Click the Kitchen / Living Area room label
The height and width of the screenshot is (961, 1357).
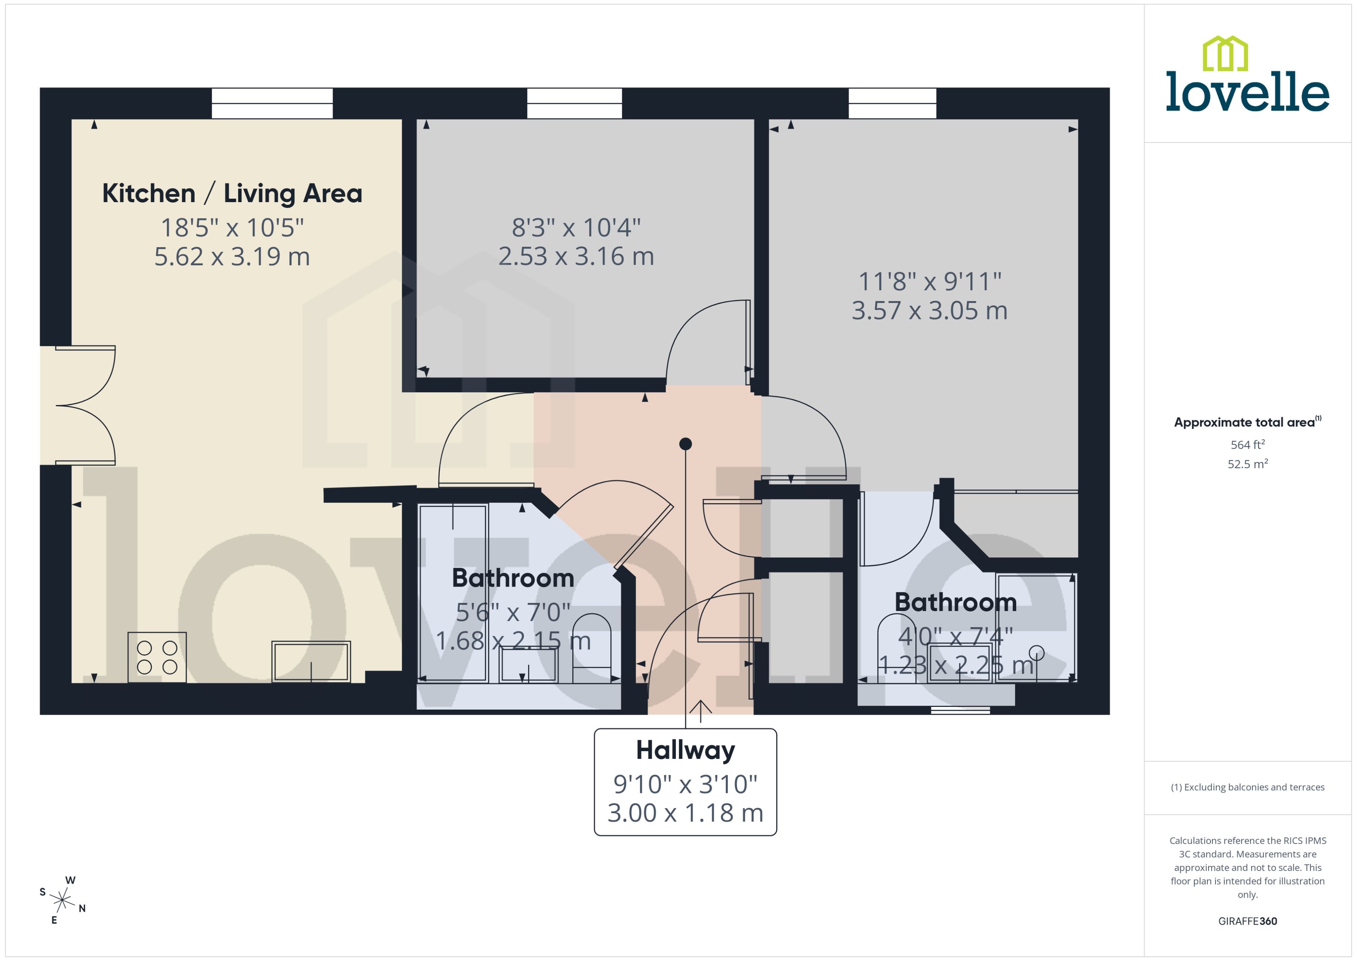tap(232, 194)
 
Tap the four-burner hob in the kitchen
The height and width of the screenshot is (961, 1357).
tap(157, 657)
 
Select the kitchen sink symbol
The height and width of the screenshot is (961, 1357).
tap(311, 661)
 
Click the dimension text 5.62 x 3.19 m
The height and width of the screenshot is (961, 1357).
tap(232, 256)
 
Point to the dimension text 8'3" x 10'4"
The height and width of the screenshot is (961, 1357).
tap(576, 227)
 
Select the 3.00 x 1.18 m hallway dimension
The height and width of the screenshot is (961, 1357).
tap(685, 813)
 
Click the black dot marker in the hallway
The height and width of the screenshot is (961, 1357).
tap(685, 444)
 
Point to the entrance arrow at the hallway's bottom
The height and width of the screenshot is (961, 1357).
tap(700, 710)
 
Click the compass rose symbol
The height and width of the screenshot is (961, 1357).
tap(62, 900)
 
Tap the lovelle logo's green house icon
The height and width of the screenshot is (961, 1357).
tap(1225, 54)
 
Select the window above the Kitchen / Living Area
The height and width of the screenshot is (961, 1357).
tap(272, 103)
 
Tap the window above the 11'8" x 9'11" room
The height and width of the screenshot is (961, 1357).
tap(892, 103)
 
